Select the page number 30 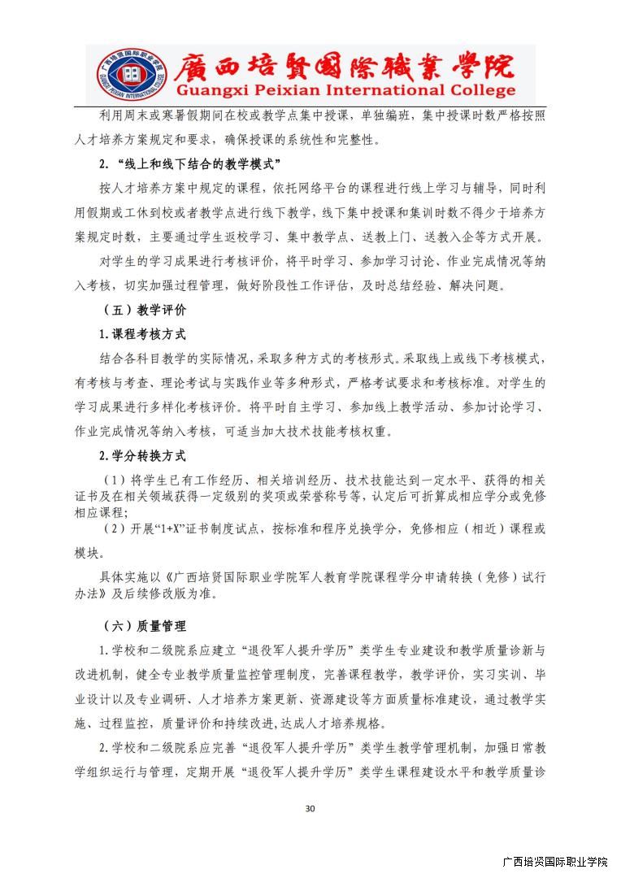[x=310, y=808]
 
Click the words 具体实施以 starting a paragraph [x=127, y=577]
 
